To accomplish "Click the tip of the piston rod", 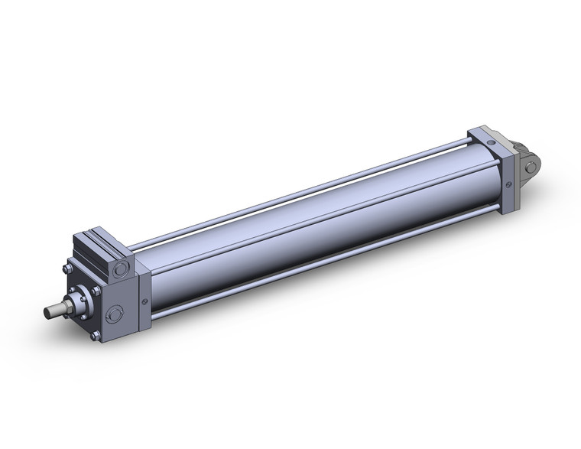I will coord(47,311).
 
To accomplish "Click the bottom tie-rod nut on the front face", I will coord(94,334).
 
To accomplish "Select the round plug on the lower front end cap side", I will coord(115,313).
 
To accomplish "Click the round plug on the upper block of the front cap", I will coord(119,269).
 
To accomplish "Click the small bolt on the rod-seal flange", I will coord(84,317).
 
